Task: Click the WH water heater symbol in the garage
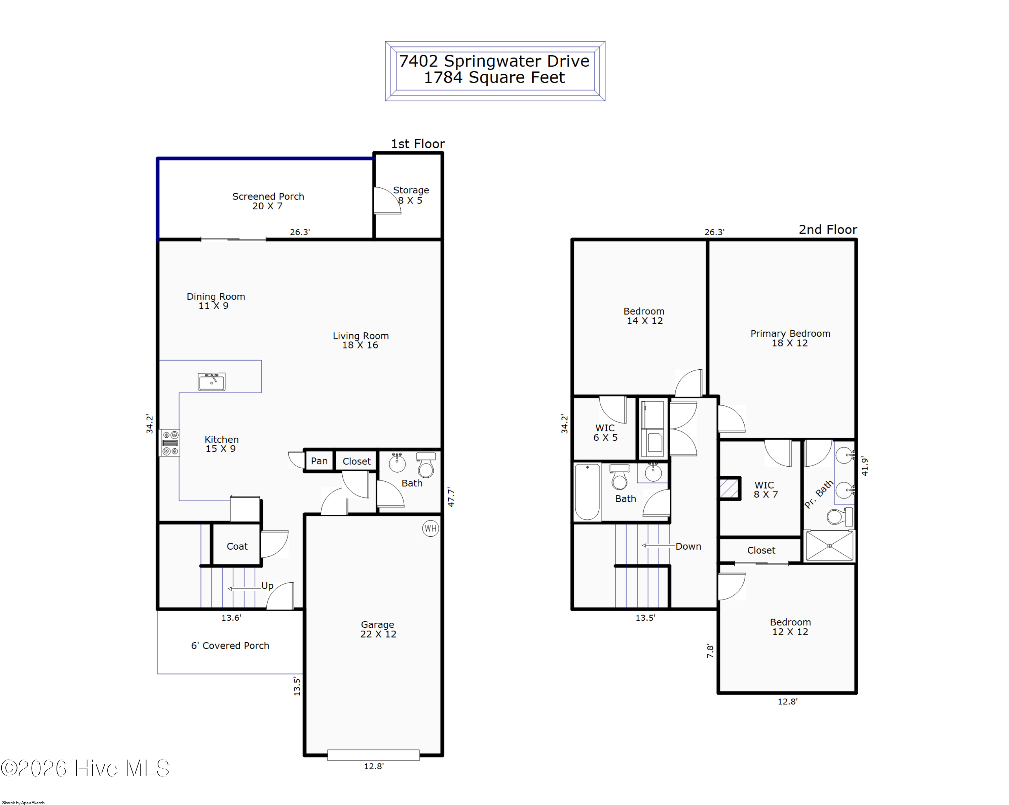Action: coord(431,528)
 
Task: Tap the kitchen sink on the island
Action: coord(212,381)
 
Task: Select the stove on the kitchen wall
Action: coord(170,443)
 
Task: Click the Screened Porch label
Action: coord(268,196)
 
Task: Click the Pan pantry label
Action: coord(319,461)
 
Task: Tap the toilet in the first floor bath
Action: coord(426,465)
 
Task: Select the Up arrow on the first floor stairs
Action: coord(244,588)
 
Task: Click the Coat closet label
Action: coord(237,546)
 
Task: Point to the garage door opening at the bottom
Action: coord(373,755)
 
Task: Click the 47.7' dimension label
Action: coord(451,497)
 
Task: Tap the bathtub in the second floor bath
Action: coord(587,492)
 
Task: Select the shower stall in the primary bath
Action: coord(829,546)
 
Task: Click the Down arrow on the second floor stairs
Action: coord(659,545)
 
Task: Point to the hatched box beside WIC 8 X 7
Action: coord(729,488)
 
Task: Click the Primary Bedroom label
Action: coord(790,334)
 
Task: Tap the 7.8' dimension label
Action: coord(710,651)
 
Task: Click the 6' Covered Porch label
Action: coord(230,646)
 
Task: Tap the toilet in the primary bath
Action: coord(839,517)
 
